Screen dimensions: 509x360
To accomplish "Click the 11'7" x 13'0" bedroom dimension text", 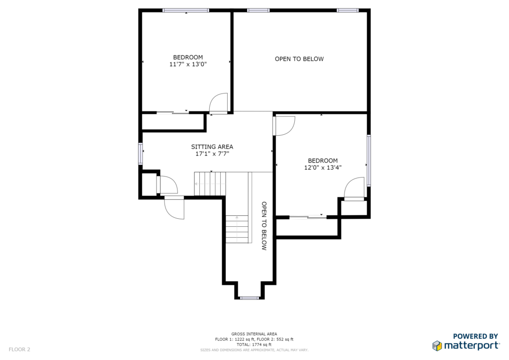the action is [188, 64].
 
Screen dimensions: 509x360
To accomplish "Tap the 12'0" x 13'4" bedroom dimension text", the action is [323, 168].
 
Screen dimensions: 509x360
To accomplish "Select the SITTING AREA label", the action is [212, 147].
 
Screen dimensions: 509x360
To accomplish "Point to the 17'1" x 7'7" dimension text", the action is [212, 154].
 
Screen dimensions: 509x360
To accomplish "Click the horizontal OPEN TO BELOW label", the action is [299, 59].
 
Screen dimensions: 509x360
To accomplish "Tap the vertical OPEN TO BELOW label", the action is [264, 226].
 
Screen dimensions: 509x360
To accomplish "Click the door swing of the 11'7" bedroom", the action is [219, 103].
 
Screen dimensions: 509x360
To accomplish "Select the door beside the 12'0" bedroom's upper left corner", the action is [284, 126].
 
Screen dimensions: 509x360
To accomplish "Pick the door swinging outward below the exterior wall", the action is [174, 207].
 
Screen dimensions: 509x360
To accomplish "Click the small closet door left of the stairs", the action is [167, 184].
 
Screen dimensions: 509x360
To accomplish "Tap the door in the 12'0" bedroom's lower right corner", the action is [354, 189].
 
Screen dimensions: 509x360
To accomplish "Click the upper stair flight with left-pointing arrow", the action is [210, 184].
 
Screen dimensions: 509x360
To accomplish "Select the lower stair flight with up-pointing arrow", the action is [237, 229].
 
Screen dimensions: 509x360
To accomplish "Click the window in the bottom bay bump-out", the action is [250, 298].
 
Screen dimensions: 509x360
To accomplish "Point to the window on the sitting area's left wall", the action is [141, 153].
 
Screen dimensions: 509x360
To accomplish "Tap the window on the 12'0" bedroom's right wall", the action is [369, 161].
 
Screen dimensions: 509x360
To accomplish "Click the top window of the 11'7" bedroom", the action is [186, 10].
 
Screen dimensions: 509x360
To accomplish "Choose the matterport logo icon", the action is [437, 346].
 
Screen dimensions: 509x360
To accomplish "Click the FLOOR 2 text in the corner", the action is [19, 350].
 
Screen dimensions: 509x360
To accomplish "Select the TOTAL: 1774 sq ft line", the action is [254, 345].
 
